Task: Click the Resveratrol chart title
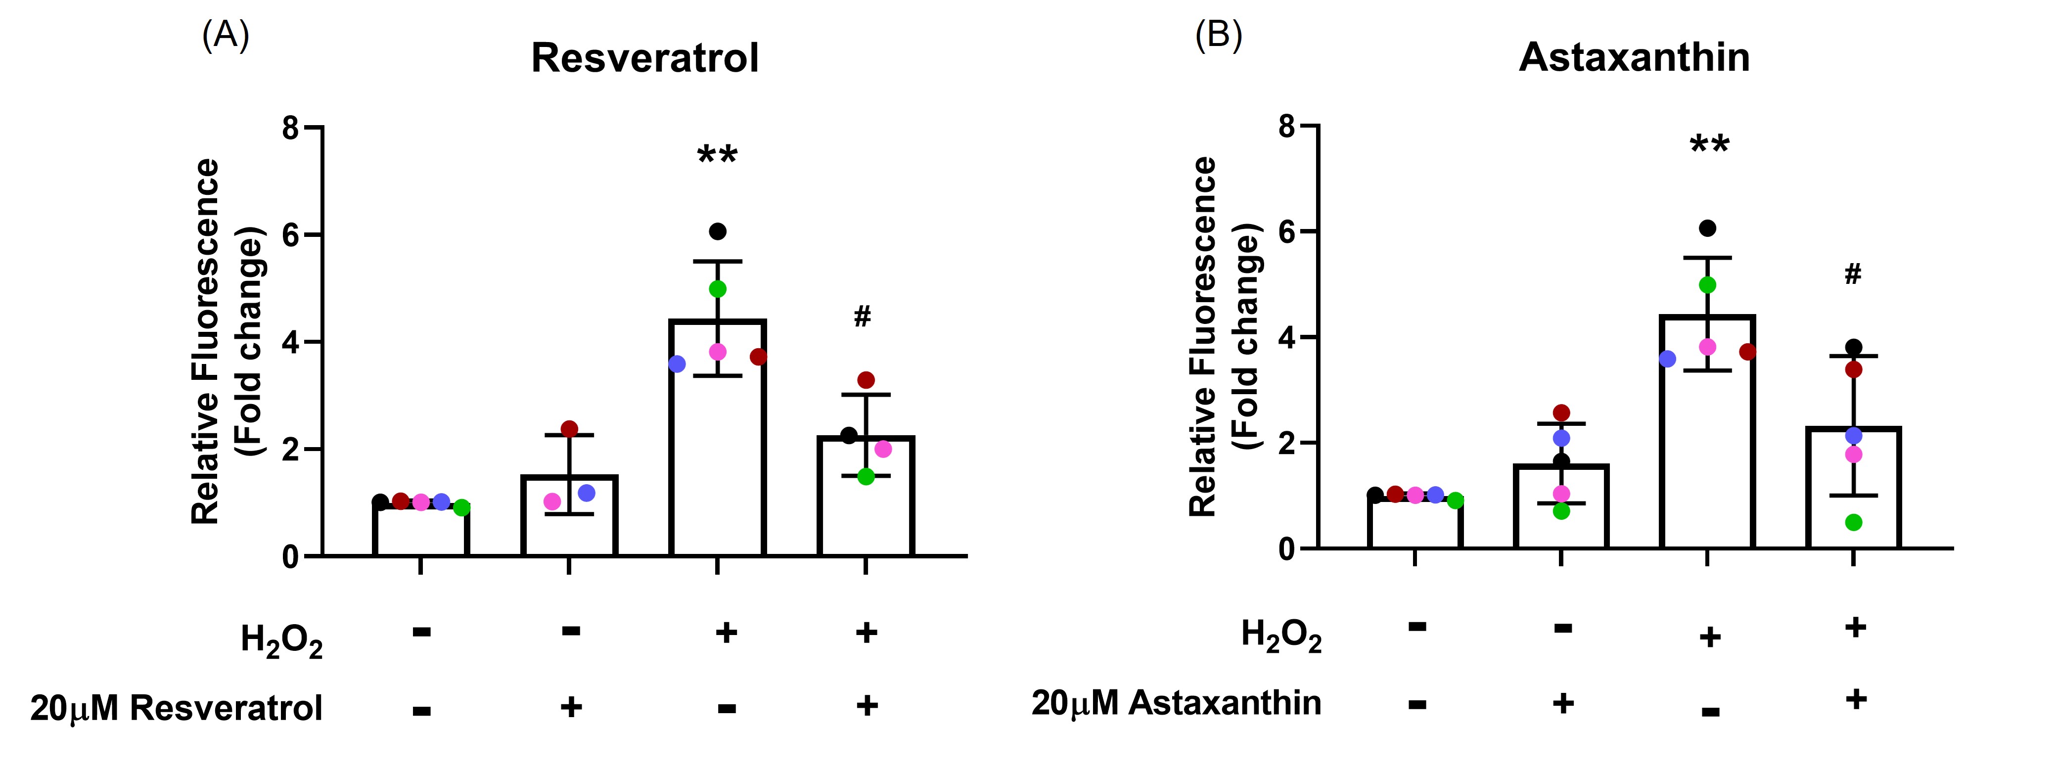[x=644, y=58]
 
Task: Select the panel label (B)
[x=1219, y=36]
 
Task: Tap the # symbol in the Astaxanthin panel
[x=1853, y=274]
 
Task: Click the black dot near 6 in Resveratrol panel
[x=718, y=231]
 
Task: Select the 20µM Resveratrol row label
[x=177, y=707]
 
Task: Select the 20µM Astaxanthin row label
[x=1176, y=702]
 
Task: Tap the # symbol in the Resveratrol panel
[x=862, y=317]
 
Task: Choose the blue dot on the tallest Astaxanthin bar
[x=1667, y=359]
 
